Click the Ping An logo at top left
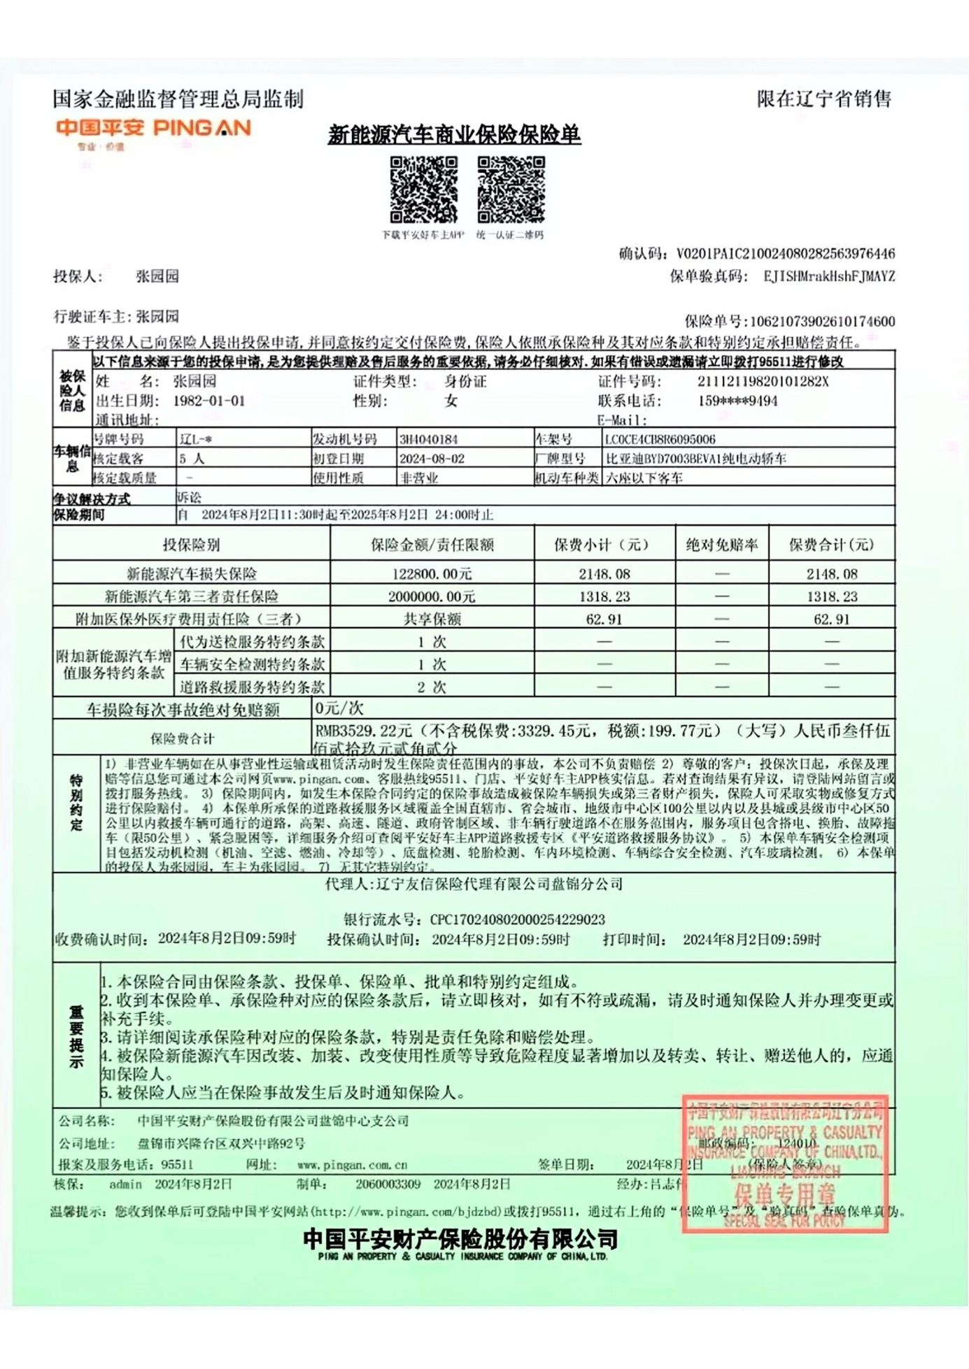point(153,129)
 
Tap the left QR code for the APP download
point(423,190)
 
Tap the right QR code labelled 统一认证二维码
point(511,190)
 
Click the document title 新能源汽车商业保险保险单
point(454,134)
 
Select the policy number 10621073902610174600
point(822,322)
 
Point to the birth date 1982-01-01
point(209,401)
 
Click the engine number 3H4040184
point(428,439)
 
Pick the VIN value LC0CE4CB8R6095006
point(660,439)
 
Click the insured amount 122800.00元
point(432,574)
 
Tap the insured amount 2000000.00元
point(432,596)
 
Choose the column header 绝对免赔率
point(721,545)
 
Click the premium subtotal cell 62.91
point(604,619)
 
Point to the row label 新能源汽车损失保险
point(191,574)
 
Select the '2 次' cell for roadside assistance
point(432,687)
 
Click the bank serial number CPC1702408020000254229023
point(517,919)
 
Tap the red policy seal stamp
point(784,1163)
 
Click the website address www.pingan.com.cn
point(352,1165)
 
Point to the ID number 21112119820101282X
point(763,381)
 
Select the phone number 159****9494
point(737,401)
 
